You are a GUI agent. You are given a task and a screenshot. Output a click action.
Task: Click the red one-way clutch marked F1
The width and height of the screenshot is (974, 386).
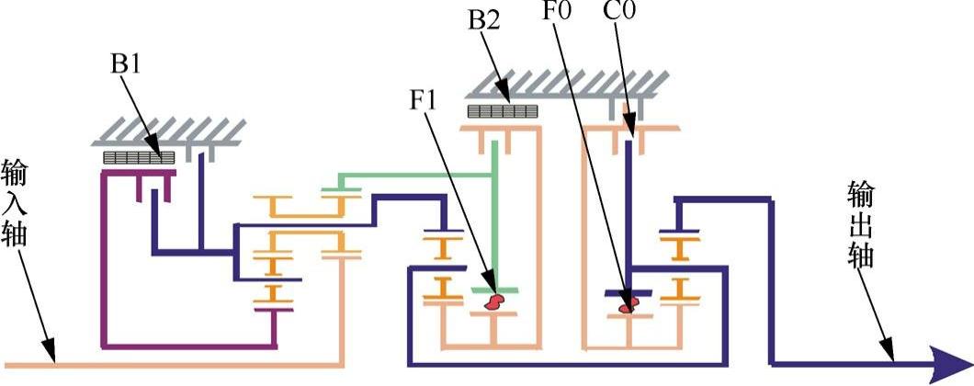click(496, 301)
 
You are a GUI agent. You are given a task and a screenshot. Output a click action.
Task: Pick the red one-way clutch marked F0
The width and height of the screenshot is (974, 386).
click(629, 306)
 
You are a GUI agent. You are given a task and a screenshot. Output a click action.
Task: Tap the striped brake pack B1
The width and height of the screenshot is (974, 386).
click(138, 158)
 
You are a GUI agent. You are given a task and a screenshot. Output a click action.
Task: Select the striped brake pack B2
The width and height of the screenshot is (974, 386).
click(501, 111)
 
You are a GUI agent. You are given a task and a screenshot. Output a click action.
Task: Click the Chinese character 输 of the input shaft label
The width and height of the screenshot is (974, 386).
click(16, 173)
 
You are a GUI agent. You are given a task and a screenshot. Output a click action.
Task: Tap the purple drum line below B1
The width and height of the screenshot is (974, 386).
click(184, 346)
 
